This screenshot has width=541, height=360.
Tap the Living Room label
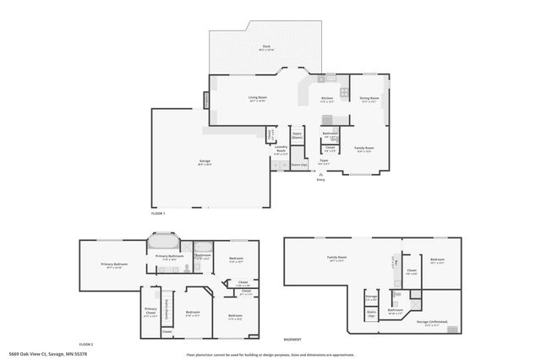pyautogui.click(x=258, y=98)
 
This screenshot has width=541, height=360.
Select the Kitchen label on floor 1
pyautogui.click(x=327, y=98)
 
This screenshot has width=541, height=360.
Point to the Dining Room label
pyautogui.click(x=369, y=98)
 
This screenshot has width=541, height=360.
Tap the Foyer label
pyautogui.click(x=323, y=161)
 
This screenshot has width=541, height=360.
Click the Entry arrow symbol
pyautogui.click(x=320, y=172)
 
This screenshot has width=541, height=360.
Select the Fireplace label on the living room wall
pyautogui.click(x=207, y=100)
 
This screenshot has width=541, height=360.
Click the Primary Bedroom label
pyautogui.click(x=112, y=265)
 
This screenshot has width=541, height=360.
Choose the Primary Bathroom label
pyautogui.click(x=170, y=257)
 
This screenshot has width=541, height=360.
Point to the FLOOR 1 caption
pyautogui.click(x=157, y=214)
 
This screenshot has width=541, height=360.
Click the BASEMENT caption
pyautogui.click(x=292, y=338)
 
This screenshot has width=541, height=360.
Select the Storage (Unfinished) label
pyautogui.click(x=432, y=322)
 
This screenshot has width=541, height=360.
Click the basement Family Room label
pyautogui.click(x=338, y=258)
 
